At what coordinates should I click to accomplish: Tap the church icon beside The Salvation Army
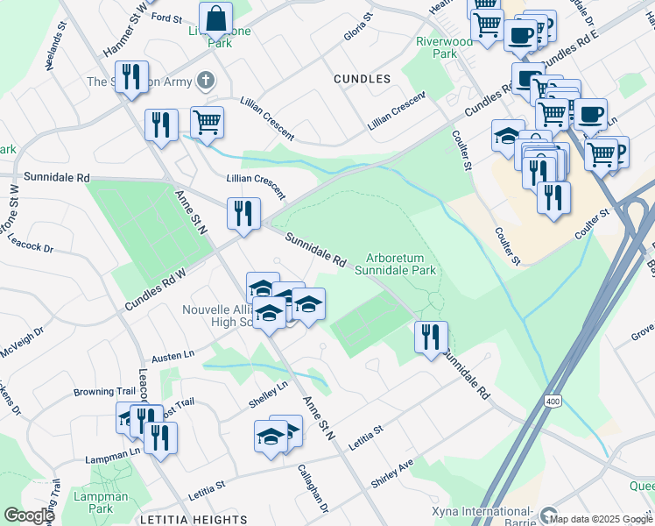coord(206,82)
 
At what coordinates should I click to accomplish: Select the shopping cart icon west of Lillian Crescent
coord(207,124)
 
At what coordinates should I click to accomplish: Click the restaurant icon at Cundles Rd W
coord(242,215)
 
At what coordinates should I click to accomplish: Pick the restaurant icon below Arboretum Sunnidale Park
coord(430,338)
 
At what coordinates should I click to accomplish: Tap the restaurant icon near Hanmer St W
coord(131,78)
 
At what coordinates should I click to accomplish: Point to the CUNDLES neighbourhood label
coord(362,79)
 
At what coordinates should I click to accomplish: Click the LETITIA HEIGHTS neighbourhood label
coord(193,519)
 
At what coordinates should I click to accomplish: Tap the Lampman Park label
coord(114,502)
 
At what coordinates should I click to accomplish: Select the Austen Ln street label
coord(173,356)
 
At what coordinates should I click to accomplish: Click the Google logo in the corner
coord(28,515)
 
